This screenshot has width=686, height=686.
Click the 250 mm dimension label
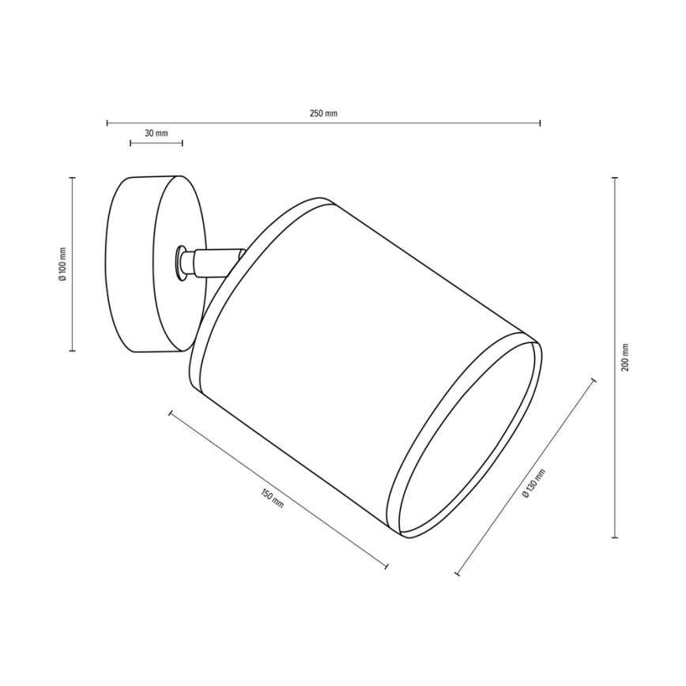point(323,114)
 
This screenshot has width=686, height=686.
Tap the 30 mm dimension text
point(156,134)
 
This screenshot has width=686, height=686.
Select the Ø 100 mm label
point(63,264)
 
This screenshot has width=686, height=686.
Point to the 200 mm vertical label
point(625,358)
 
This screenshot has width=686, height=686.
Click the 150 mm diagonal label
point(271,499)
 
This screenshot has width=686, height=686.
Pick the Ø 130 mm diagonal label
point(534,483)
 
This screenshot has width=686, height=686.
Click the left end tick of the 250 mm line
point(107,123)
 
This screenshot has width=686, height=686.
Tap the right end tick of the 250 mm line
point(540,123)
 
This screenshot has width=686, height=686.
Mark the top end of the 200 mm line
point(615,179)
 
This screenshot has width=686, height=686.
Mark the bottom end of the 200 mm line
point(615,537)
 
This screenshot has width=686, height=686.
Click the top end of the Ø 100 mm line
point(72,178)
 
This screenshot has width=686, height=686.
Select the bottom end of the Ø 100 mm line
point(72,350)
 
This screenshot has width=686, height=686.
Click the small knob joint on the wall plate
point(183,262)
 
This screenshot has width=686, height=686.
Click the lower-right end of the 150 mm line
point(387,565)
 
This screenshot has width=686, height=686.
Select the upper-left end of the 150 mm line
point(171,412)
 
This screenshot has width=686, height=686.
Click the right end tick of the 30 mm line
point(183,143)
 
